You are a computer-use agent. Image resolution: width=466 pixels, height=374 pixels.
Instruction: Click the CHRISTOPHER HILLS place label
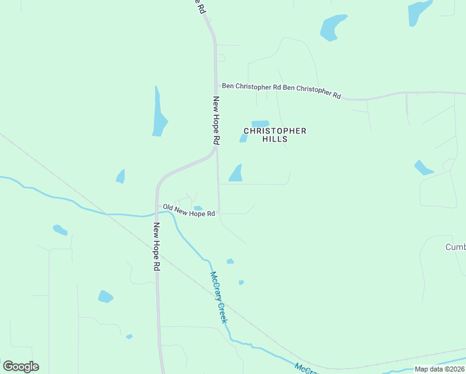(275, 135)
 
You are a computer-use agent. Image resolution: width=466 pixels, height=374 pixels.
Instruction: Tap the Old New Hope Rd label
(189, 211)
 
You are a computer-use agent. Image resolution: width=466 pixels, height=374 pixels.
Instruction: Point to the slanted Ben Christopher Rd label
(312, 91)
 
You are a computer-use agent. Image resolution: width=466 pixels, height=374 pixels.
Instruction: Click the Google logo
(21, 367)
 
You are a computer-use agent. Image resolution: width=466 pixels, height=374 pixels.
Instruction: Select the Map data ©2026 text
(439, 369)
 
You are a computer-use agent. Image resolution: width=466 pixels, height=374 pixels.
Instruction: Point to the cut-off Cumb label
(455, 247)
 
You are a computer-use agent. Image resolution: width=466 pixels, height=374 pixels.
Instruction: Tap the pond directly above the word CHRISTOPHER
(260, 123)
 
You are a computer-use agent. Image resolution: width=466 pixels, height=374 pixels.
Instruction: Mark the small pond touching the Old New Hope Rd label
(198, 208)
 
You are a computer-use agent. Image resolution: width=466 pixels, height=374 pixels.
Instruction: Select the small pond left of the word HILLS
(244, 138)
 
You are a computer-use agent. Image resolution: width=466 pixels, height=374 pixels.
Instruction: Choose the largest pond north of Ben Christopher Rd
(333, 27)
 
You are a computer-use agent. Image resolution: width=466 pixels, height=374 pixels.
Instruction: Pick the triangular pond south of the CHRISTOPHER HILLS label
(236, 174)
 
